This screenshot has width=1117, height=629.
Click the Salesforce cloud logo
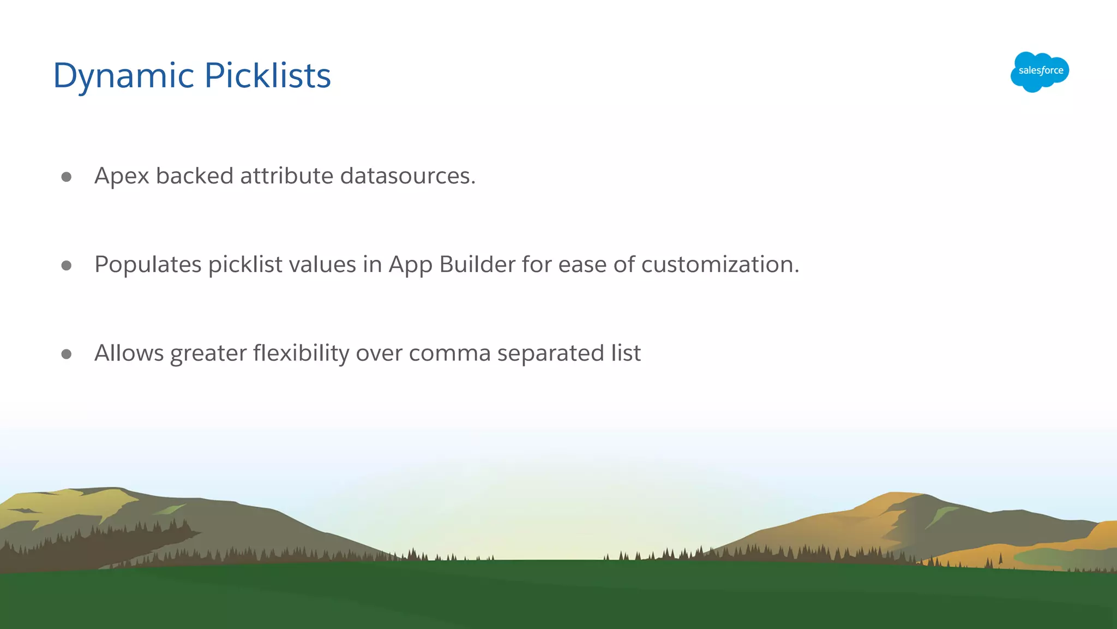point(1040,72)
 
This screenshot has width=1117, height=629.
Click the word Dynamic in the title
point(124,75)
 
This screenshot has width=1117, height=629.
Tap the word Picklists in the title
point(268,75)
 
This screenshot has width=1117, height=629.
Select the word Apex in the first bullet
point(122,176)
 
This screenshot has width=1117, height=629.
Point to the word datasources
point(407,176)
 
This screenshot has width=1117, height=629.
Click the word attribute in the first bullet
point(286,176)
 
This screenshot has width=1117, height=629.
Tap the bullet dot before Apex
point(67,177)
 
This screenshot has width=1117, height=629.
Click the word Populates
point(148,265)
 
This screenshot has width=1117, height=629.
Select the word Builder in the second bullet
point(477,265)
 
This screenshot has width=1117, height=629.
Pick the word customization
point(720,265)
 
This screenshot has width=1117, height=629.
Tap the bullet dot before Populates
point(67,265)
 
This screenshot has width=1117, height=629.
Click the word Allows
point(129,353)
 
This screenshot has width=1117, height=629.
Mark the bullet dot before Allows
point(67,354)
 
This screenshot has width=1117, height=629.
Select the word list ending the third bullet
point(626,353)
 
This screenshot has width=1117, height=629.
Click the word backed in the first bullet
point(195,176)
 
